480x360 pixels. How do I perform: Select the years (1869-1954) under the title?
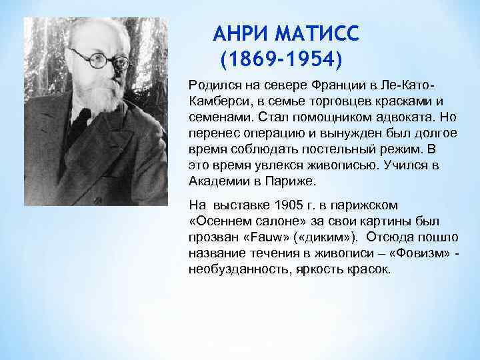pos(281,61)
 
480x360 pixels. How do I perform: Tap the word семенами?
pos(215,117)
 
